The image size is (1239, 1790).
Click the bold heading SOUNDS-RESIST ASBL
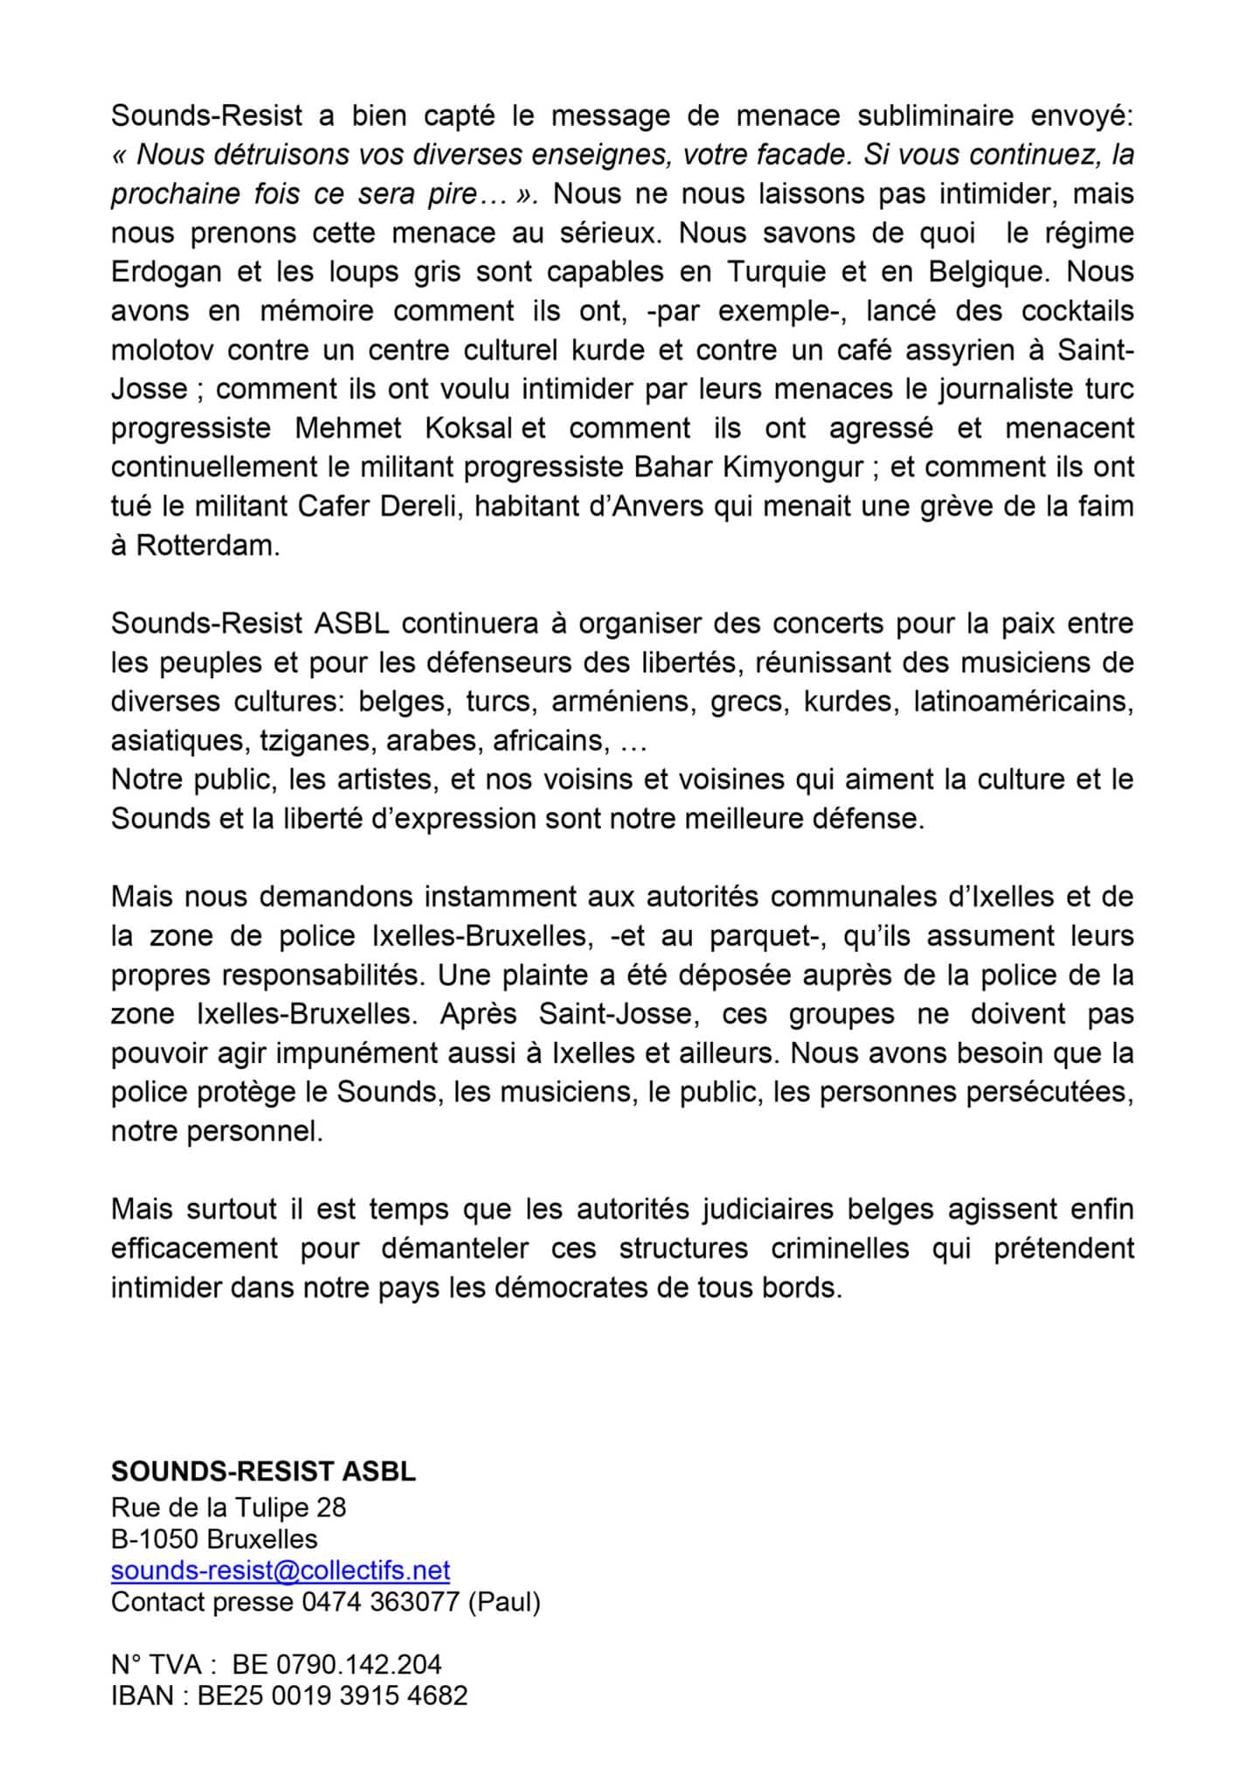pyautogui.click(x=263, y=1471)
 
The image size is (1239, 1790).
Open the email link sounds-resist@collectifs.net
pyautogui.click(x=280, y=1570)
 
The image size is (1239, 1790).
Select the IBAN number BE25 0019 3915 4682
pyautogui.click(x=333, y=1695)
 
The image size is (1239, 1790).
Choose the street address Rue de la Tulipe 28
pyautogui.click(x=228, y=1507)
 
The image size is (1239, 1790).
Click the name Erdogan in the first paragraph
pyautogui.click(x=166, y=272)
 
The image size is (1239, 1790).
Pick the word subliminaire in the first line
pyautogui.click(x=934, y=115)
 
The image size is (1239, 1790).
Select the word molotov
pyautogui.click(x=163, y=350)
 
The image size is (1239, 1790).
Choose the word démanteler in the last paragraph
pyautogui.click(x=454, y=1248)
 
